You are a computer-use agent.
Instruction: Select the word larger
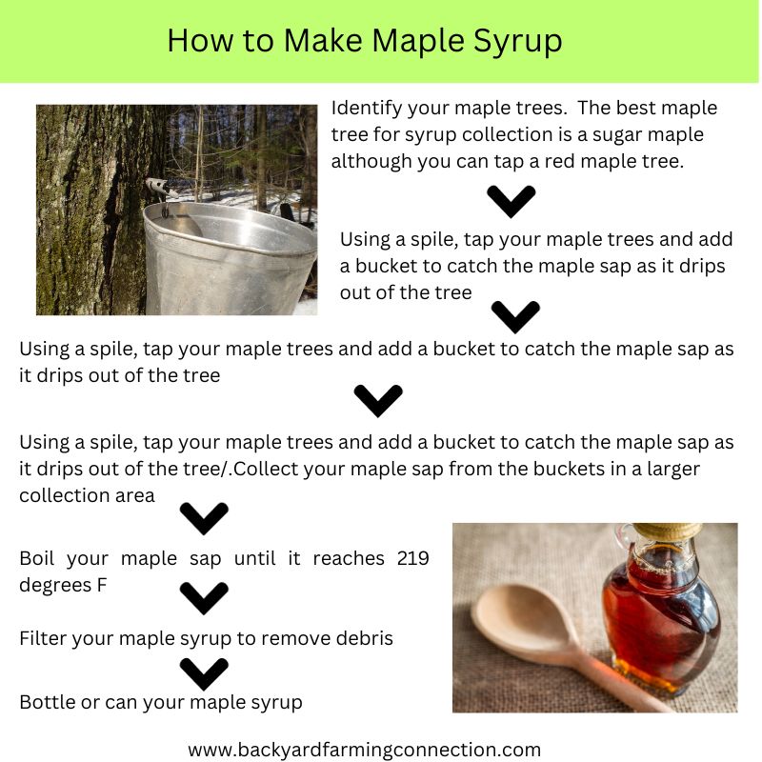669,470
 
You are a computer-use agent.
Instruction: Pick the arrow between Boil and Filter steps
204,598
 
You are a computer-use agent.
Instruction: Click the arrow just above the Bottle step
204,672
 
